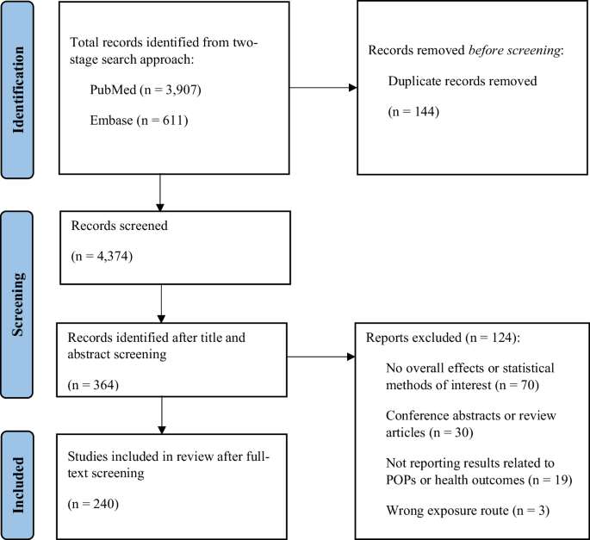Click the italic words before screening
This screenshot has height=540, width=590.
pos(514,50)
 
